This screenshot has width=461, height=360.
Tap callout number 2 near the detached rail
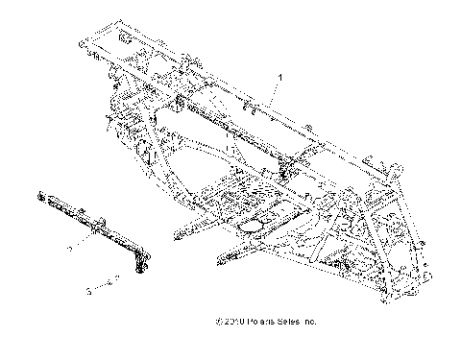tap(95, 248)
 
